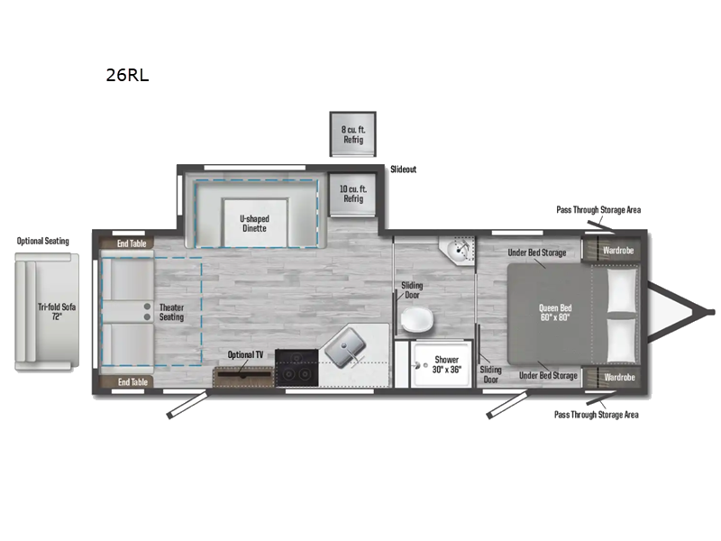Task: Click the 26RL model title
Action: pyautogui.click(x=127, y=76)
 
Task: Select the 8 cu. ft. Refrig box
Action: pyautogui.click(x=352, y=134)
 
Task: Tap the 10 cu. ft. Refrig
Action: pyautogui.click(x=352, y=194)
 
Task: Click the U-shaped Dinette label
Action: pyautogui.click(x=254, y=224)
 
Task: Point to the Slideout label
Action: pyautogui.click(x=403, y=170)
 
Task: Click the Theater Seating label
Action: pyautogui.click(x=171, y=312)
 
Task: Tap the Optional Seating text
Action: pyautogui.click(x=42, y=241)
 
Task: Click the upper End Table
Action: pyautogui.click(x=132, y=243)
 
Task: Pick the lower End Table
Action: pyautogui.click(x=132, y=382)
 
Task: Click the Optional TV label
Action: pyautogui.click(x=245, y=355)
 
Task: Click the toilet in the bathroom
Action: pyautogui.click(x=416, y=319)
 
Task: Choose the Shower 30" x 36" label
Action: pyautogui.click(x=447, y=364)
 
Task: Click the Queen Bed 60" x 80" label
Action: pyautogui.click(x=554, y=313)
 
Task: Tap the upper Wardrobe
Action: pyautogui.click(x=618, y=250)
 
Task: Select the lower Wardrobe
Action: pyautogui.click(x=618, y=377)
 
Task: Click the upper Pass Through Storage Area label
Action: pyautogui.click(x=598, y=209)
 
